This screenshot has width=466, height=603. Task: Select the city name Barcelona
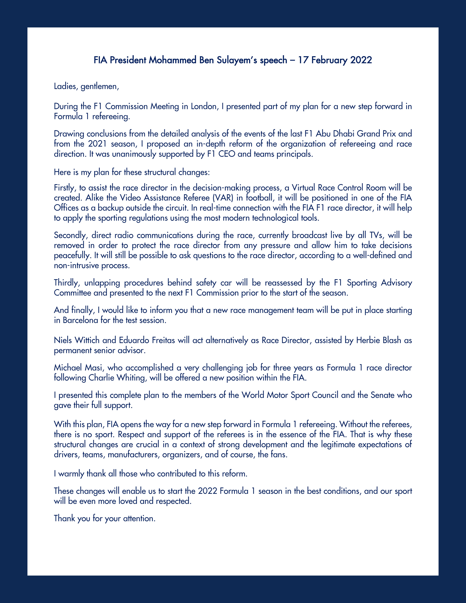(x=81, y=320)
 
